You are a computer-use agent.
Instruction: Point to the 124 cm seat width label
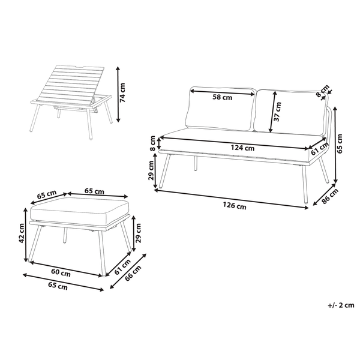241,146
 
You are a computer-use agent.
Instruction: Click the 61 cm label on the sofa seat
319,148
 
